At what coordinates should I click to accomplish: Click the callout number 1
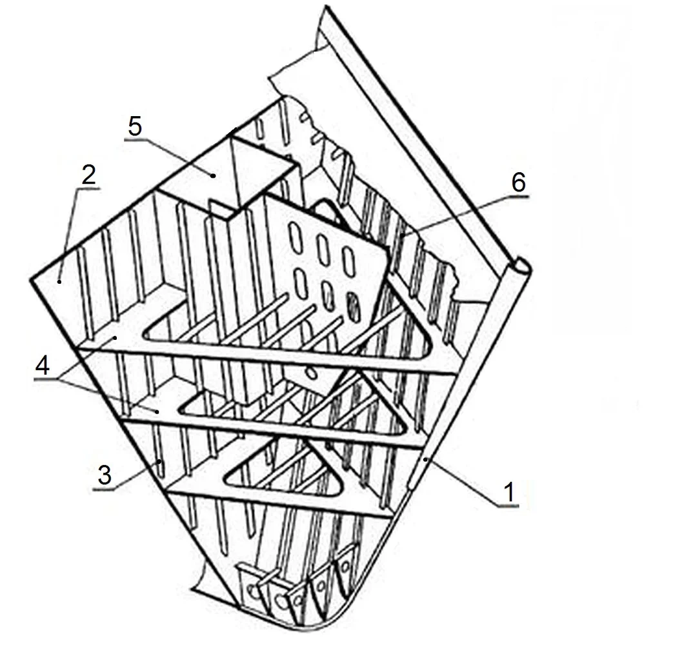(509, 492)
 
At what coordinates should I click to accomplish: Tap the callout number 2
(89, 175)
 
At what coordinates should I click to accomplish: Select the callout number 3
(105, 475)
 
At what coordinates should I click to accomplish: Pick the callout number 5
(135, 126)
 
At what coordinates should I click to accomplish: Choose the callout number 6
(518, 183)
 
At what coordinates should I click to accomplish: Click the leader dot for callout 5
(213, 175)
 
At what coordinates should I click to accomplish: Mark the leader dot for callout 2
(59, 281)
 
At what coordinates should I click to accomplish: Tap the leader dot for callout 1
(425, 460)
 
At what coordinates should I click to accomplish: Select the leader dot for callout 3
(159, 462)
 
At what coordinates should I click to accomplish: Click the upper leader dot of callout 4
(116, 339)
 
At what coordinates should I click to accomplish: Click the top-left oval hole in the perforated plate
(296, 236)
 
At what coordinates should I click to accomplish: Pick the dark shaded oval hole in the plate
(353, 307)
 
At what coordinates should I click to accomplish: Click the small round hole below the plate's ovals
(312, 373)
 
